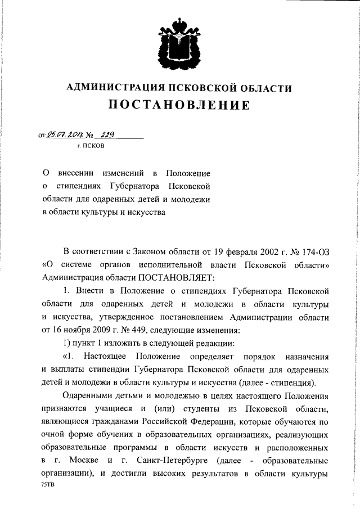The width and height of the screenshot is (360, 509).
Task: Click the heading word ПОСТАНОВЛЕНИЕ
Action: click(179, 106)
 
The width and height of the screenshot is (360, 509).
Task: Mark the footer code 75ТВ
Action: click(47, 484)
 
